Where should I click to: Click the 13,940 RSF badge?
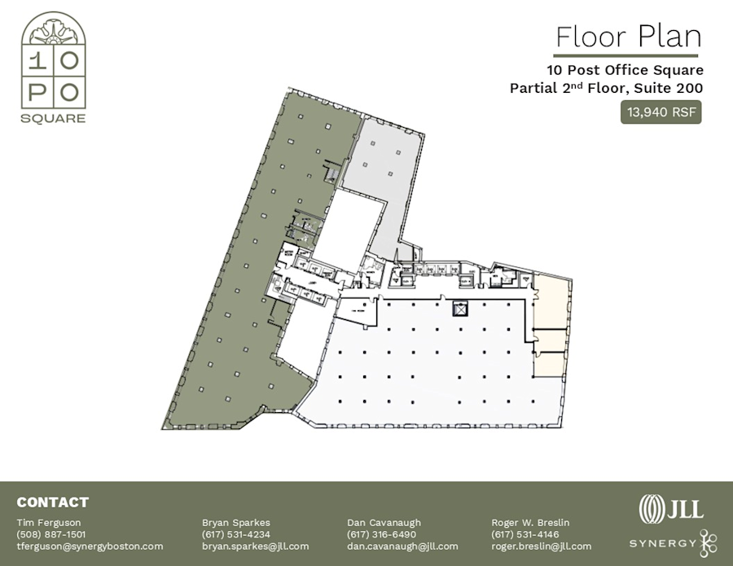coord(662,112)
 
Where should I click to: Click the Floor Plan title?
coord(628,37)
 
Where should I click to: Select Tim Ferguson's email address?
coord(90,546)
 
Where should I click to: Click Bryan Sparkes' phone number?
coord(236,534)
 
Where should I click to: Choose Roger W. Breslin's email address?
coord(542,546)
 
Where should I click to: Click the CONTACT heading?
coord(52,502)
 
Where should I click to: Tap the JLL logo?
coord(671,508)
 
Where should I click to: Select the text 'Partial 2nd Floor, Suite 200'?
coord(606,88)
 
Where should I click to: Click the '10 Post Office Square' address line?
coord(625,70)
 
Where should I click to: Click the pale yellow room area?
coord(552,326)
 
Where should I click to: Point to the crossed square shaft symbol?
coord(461,309)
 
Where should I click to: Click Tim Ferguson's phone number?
coord(50,534)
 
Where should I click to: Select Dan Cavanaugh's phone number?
coord(381,534)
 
